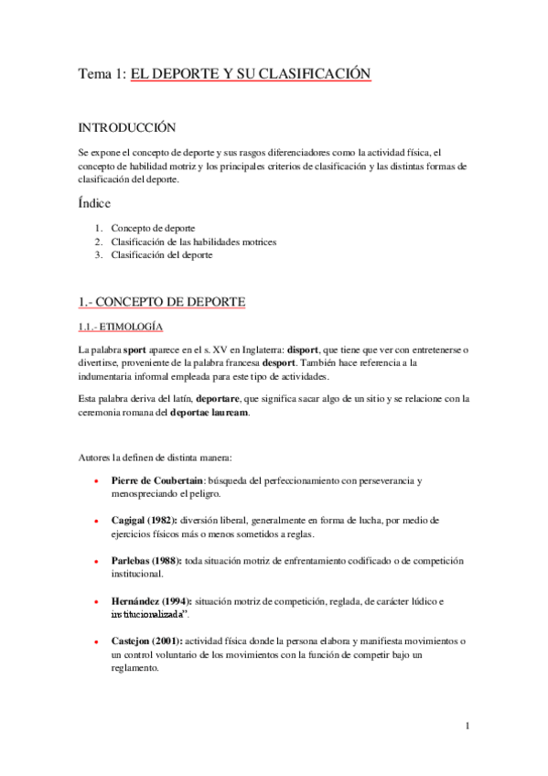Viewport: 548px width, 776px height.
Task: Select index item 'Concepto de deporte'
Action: [153, 228]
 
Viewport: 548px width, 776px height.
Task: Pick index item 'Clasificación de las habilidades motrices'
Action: [193, 242]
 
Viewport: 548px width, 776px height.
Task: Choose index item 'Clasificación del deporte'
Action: [162, 255]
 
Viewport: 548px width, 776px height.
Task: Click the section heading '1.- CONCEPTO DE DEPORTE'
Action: [161, 302]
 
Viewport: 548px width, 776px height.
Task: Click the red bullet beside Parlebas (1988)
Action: [97, 560]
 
